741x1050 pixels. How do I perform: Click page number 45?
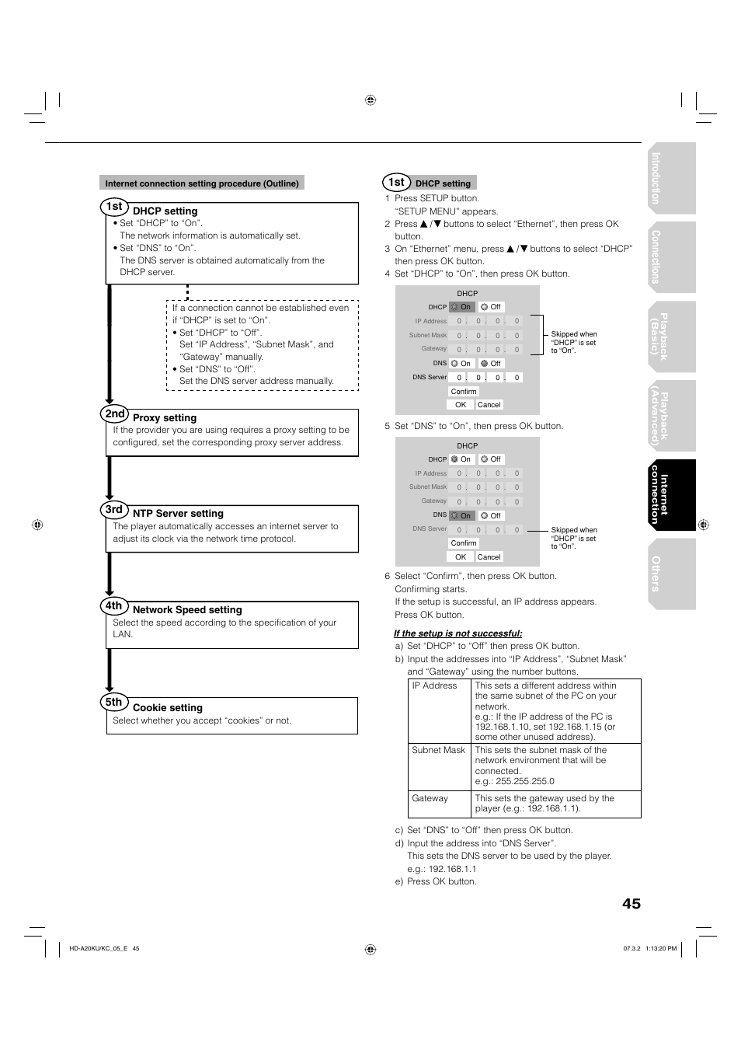[631, 903]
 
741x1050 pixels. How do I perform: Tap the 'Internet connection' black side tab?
[670, 495]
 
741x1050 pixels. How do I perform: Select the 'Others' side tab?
[670, 574]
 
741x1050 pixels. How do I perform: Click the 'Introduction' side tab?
[670, 178]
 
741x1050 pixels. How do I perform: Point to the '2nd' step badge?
[115, 413]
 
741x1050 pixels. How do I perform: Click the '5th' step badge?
[114, 702]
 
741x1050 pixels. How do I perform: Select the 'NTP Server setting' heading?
[178, 514]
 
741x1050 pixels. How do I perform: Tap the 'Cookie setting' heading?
[167, 708]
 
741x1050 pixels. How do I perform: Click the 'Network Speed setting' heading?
[187, 610]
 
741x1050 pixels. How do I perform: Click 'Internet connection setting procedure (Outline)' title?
[202, 183]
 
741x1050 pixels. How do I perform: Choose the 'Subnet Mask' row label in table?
[438, 750]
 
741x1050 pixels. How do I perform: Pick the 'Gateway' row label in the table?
[430, 798]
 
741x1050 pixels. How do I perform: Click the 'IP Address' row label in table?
[434, 685]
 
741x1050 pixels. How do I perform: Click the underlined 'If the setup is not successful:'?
[457, 633]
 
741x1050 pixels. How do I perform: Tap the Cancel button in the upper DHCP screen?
[489, 405]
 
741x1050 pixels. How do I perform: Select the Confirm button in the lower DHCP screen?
[464, 543]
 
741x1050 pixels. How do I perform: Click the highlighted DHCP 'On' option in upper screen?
[461, 307]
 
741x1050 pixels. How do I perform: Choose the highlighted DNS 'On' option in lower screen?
[461, 515]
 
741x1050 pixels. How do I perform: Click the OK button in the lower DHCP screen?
[461, 557]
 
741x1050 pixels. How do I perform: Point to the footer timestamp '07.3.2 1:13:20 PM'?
[649, 948]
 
